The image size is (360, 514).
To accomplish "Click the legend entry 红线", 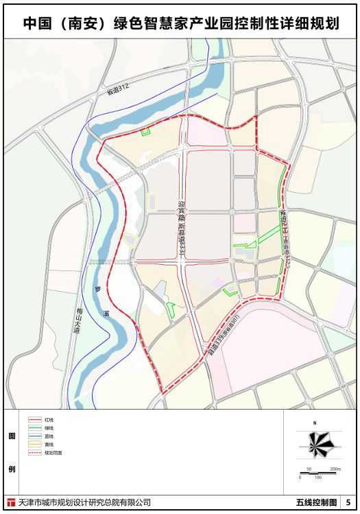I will point(49,419).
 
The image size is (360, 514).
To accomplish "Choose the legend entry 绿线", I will point(49,428).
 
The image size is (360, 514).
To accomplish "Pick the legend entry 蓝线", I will point(49,436).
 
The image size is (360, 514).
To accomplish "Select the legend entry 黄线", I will point(49,444).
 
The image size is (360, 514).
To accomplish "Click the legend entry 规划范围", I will point(52,453).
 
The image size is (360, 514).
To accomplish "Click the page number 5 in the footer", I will point(348,503).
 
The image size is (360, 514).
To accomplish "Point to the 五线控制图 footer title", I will point(316,503).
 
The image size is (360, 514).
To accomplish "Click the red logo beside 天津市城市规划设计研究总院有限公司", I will point(10,503).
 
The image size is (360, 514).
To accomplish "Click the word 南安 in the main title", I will point(81,23).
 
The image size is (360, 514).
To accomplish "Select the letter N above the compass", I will point(313,423).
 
